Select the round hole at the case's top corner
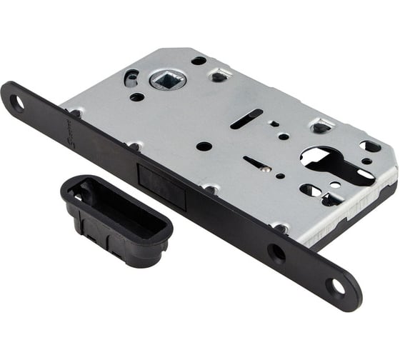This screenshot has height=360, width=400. point(199,61)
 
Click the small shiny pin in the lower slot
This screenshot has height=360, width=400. point(266,169)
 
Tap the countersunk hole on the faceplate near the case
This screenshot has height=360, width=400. point(276,252)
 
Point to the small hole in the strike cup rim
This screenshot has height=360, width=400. point(76,194)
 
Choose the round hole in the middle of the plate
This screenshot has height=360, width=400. point(204,146)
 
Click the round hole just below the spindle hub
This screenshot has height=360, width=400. point(136,96)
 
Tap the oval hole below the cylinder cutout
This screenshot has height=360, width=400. point(309,191)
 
